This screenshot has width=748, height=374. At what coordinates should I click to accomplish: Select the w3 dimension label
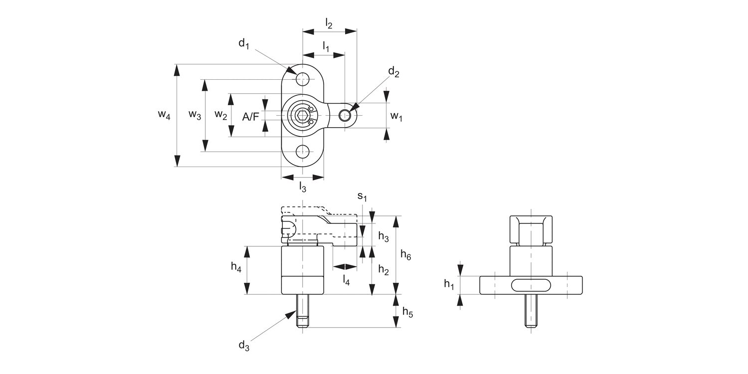194,116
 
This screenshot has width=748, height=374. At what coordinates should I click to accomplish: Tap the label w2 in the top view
221,115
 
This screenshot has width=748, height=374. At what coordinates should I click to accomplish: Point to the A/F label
250,117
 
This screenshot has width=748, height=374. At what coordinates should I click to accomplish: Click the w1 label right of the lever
396,117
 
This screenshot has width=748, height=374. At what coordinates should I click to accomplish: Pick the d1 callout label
243,44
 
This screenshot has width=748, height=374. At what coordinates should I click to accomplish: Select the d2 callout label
393,72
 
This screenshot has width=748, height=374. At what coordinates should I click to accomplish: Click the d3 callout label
243,345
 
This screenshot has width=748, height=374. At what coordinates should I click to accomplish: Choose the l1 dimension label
326,46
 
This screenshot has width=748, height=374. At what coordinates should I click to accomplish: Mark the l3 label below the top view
302,187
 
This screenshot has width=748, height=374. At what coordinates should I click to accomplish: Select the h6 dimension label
406,255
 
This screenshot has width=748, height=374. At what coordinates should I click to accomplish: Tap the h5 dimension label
407,313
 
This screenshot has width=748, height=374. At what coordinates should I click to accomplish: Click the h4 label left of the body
236,267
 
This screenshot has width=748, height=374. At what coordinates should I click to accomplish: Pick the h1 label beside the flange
449,284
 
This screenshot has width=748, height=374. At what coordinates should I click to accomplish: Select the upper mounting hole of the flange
302,79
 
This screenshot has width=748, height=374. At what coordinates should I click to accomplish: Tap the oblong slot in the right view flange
531,285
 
